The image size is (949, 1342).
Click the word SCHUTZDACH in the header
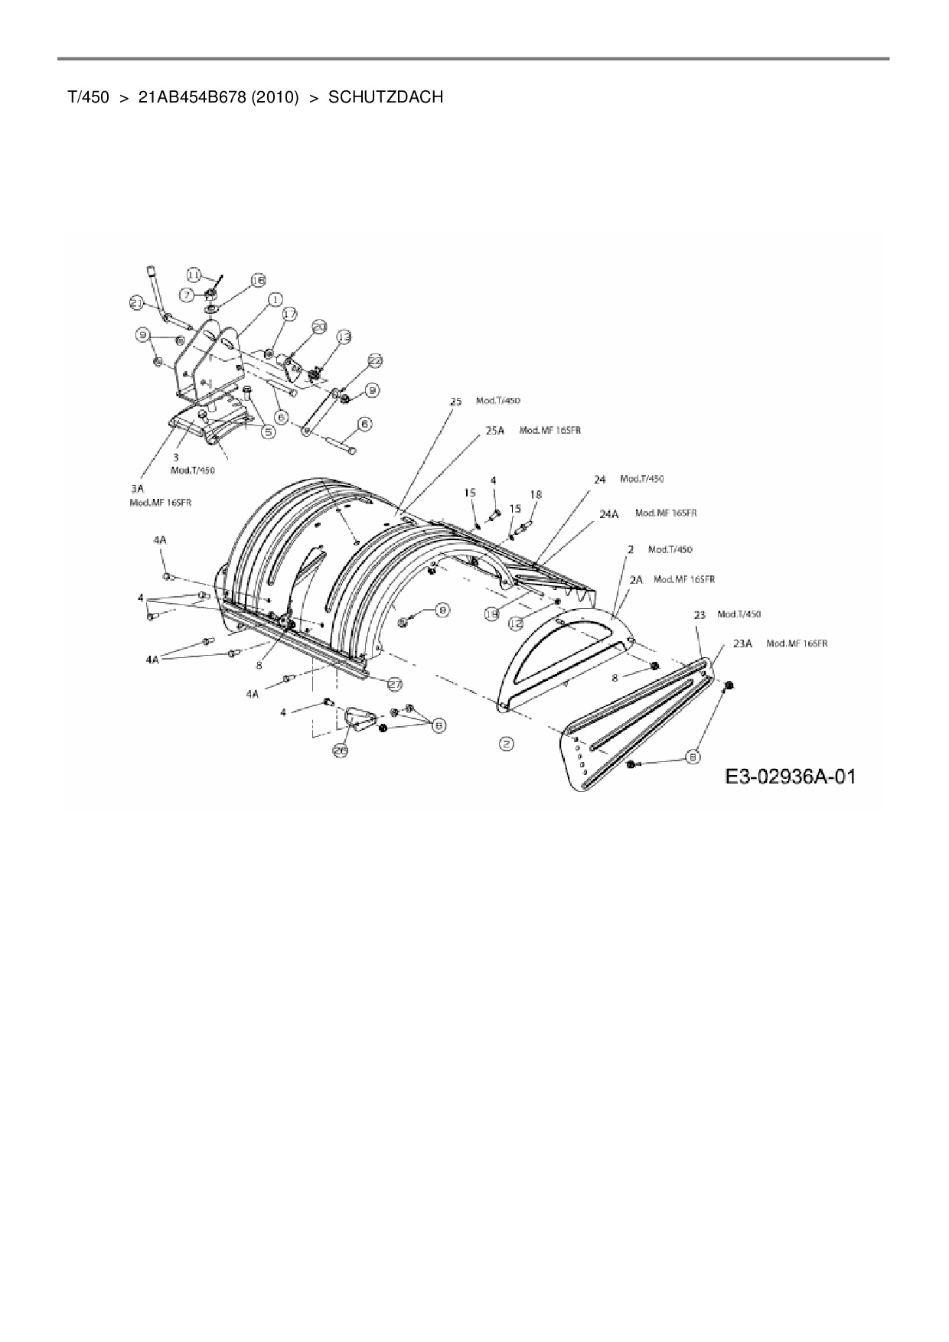point(386,98)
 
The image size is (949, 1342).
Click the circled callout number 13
point(344,336)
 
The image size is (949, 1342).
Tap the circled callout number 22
point(375,360)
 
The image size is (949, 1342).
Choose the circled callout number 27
point(395,683)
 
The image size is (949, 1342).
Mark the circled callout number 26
point(340,751)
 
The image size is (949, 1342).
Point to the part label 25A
point(495,431)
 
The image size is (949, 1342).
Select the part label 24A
point(608,513)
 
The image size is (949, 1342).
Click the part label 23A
point(742,643)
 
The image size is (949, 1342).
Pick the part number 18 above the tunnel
point(536,495)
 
